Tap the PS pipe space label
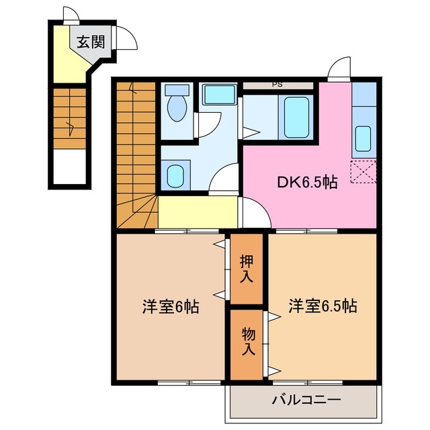tap(277, 85)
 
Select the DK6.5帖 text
tap(307, 181)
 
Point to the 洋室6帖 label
tap(169, 307)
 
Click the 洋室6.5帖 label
tap(322, 306)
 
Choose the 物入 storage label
tap(247, 342)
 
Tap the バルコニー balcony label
tap(306, 400)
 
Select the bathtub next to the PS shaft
tap(296, 117)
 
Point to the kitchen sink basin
tap(363, 138)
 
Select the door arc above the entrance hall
tap(71, 15)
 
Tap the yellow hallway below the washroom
tap(198, 212)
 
